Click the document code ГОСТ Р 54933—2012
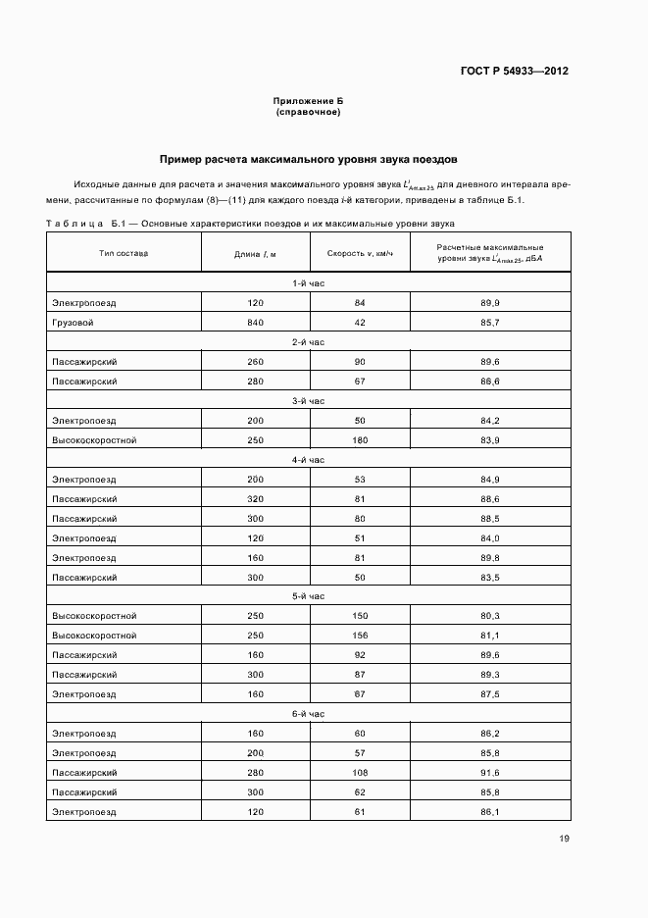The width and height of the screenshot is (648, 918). [x=514, y=71]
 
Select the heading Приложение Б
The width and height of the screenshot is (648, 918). [x=308, y=102]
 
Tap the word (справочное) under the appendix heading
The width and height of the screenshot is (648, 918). [x=308, y=112]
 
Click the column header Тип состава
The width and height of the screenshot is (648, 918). [x=124, y=253]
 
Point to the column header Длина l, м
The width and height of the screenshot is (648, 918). [x=255, y=254]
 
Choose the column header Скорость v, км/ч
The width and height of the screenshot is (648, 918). [x=360, y=254]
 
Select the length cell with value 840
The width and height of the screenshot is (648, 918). [x=255, y=323]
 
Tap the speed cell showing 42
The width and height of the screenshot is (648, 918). [x=360, y=323]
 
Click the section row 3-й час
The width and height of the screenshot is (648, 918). [x=308, y=401]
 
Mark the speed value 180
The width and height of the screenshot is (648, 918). [x=360, y=440]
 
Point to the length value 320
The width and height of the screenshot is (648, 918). [x=255, y=498]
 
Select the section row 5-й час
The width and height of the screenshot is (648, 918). [x=308, y=596]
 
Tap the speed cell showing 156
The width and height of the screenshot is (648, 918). [x=360, y=636]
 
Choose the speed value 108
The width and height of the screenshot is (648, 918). [x=360, y=772]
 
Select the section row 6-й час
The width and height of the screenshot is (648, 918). [x=308, y=714]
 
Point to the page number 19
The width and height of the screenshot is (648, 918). [x=564, y=839]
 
